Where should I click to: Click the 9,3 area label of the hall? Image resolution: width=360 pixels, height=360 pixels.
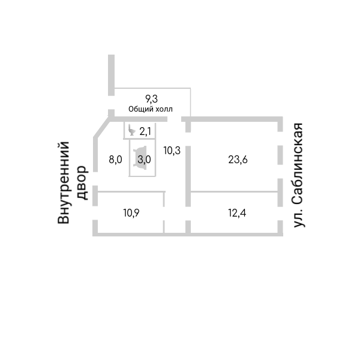151,98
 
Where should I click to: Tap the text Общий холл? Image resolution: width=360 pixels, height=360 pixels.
151,109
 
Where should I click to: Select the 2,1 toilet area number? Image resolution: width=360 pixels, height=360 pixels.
145,131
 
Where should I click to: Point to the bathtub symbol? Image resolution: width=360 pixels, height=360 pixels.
140,160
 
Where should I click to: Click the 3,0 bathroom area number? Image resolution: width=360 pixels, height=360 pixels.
144,160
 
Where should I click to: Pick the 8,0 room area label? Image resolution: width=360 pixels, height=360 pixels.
115,160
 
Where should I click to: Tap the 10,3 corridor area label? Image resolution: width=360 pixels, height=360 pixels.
172,151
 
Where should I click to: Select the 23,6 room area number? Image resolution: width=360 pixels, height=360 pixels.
238,160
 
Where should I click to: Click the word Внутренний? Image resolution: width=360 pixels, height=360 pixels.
64,183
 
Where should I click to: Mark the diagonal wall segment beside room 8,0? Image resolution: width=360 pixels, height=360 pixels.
100,129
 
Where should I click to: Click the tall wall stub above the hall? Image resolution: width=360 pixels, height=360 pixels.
111,74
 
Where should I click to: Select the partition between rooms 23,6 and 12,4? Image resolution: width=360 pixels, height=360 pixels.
234,191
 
